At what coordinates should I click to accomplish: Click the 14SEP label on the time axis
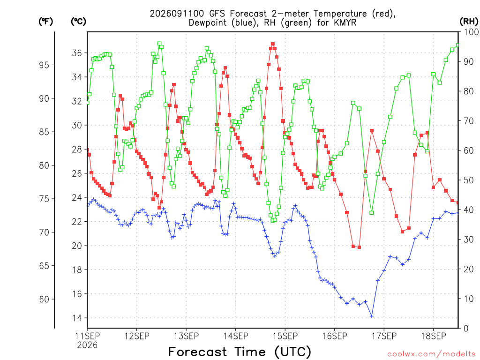235,336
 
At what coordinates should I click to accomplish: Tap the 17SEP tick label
384,336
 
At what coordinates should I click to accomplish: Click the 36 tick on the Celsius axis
77,53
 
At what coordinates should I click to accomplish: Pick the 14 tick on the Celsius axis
77,318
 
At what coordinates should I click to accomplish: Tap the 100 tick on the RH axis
471,32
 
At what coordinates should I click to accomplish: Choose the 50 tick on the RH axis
469,180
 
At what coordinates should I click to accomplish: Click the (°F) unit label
45,22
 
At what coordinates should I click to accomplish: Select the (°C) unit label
78,22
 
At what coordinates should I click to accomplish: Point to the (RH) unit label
469,22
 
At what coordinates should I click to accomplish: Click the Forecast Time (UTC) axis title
240,352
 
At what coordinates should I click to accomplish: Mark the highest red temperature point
273,44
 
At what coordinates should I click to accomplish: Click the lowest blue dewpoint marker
372,316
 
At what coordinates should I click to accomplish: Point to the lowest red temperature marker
360,247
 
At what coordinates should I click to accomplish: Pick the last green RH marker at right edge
458,45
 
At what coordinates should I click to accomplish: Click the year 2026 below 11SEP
87,345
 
